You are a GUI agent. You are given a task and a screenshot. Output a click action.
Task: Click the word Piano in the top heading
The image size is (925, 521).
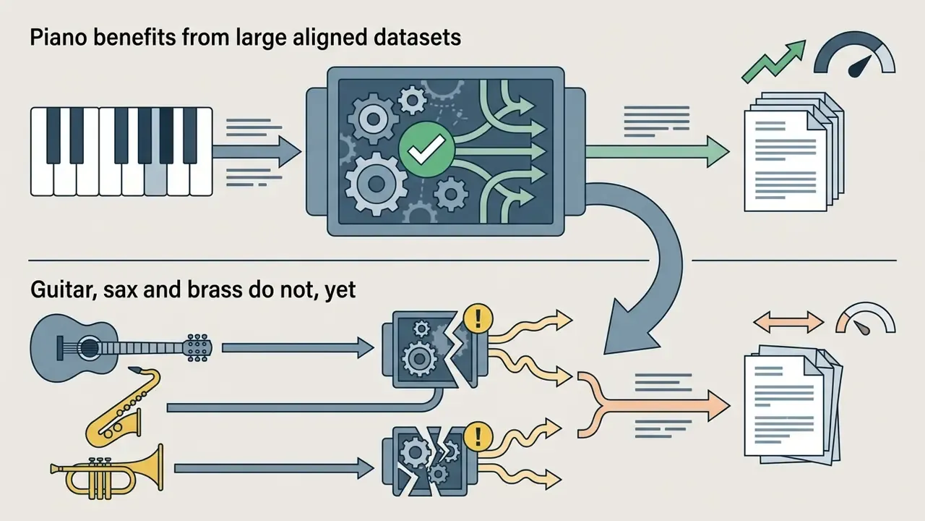coord(59,38)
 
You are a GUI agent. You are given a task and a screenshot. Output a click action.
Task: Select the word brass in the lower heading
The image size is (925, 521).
coord(215,289)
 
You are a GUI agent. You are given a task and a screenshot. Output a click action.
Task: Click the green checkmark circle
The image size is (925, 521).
coord(426,149)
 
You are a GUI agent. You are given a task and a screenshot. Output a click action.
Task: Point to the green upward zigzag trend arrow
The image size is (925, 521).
coord(773,62)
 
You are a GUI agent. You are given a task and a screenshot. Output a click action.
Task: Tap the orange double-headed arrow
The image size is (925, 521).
coord(788,322)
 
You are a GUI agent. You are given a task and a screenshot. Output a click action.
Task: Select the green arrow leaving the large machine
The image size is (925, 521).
coord(658,152)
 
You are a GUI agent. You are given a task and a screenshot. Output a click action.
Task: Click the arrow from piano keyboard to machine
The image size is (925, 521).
coord(257,152)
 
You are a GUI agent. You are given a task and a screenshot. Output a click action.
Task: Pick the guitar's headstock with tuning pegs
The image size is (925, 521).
coord(197,348)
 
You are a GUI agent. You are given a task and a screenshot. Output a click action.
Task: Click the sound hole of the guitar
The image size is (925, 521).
coord(89,347)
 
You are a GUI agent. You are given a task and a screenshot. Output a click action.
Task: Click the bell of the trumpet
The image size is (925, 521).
coord(154,467)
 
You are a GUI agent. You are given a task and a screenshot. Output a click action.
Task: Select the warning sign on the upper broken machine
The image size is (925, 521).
coord(478,318)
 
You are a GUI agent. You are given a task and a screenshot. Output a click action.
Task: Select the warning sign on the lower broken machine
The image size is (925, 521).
coord(478,436)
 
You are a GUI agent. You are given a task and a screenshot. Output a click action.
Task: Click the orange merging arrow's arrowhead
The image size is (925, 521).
coord(718,406)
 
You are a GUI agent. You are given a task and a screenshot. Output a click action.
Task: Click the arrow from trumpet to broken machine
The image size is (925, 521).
coord(274,468)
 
